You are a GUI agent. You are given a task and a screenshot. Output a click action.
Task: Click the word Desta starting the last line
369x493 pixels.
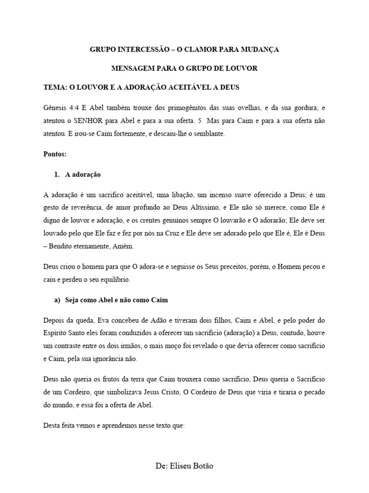(x=52, y=426)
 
